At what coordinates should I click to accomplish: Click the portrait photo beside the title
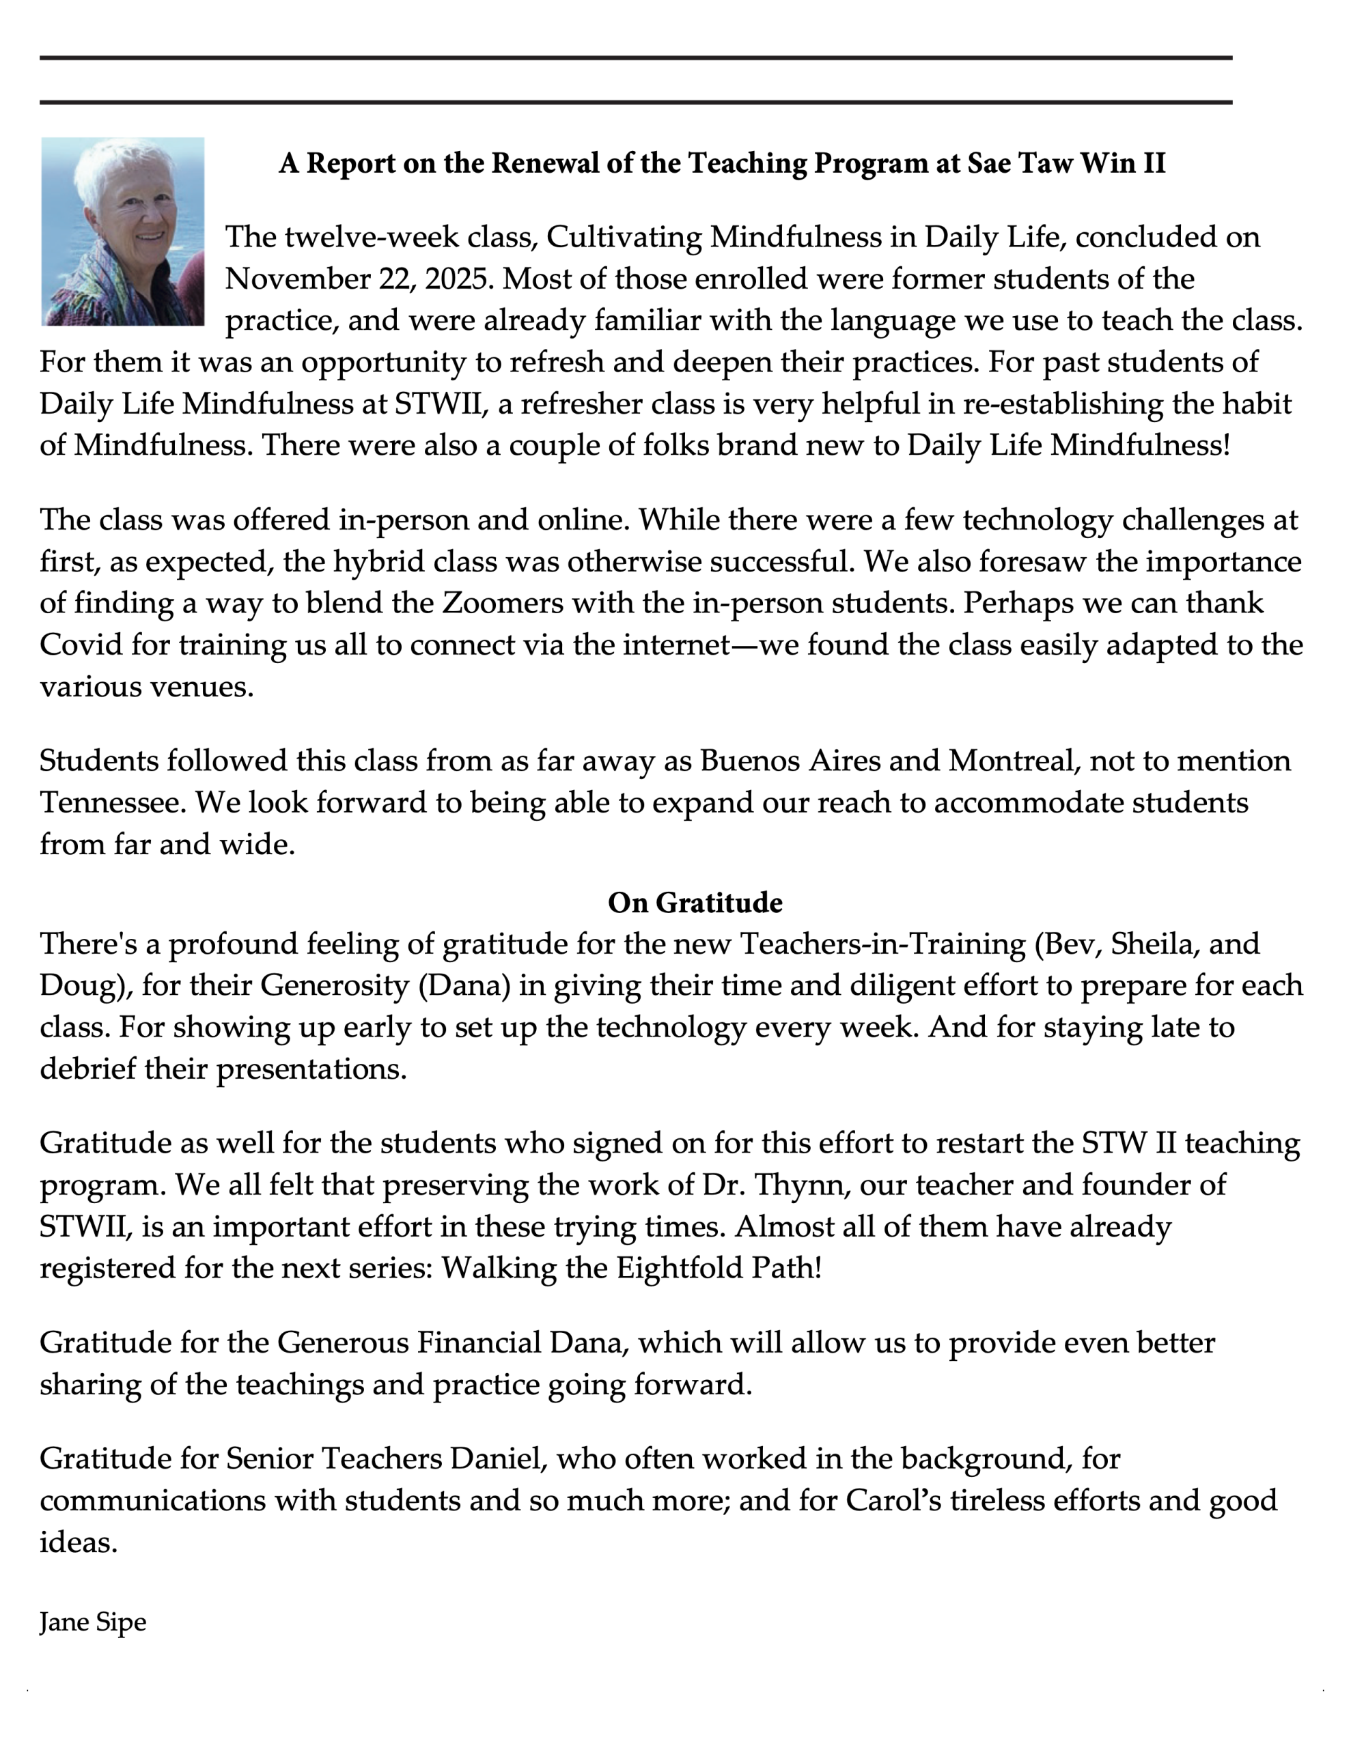pos(122,231)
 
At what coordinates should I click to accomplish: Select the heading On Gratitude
pos(695,902)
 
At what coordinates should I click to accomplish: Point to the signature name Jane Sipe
pos(93,1622)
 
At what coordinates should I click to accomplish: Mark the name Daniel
pos(497,1458)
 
